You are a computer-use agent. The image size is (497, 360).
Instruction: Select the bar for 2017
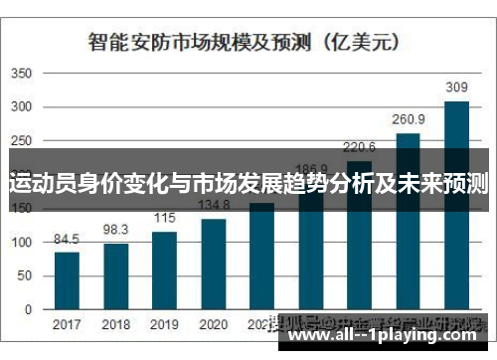point(67,280)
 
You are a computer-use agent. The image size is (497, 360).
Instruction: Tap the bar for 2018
point(115,275)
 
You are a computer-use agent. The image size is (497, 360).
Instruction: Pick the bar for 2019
point(164,270)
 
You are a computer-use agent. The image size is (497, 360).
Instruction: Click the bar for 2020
point(213,264)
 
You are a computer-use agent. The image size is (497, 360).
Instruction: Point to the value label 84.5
point(67,239)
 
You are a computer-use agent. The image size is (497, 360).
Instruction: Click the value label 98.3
point(115,230)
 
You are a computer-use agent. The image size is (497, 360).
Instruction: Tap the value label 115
point(164,219)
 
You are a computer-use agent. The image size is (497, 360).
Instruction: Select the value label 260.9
point(408,120)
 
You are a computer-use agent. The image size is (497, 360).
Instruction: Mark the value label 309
point(456,89)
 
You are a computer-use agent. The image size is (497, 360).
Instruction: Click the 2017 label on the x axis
point(67,324)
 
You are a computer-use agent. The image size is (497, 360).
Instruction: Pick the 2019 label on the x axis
point(164,324)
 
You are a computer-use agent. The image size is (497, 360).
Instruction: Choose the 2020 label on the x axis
point(213,324)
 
